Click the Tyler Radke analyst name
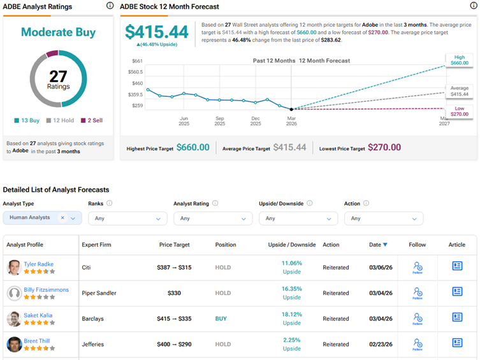(38, 264)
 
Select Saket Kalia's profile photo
(14, 319)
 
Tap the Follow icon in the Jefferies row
(418, 344)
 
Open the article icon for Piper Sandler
(457, 292)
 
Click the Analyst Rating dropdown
(212, 219)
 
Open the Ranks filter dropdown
(127, 219)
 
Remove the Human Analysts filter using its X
(62, 218)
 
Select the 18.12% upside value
(291, 314)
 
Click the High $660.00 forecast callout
(459, 61)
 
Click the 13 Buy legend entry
(27, 120)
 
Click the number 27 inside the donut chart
(58, 76)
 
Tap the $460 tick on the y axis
(137, 83)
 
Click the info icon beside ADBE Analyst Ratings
(109, 6)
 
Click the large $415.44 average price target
(157, 32)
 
